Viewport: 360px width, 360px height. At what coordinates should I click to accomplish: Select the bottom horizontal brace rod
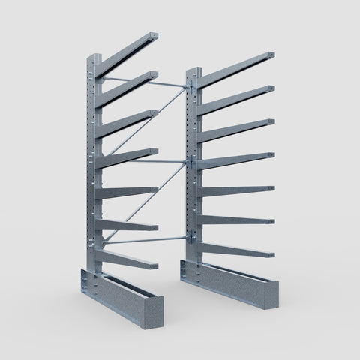146,240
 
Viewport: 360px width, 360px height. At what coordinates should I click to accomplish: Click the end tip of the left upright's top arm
154,37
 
